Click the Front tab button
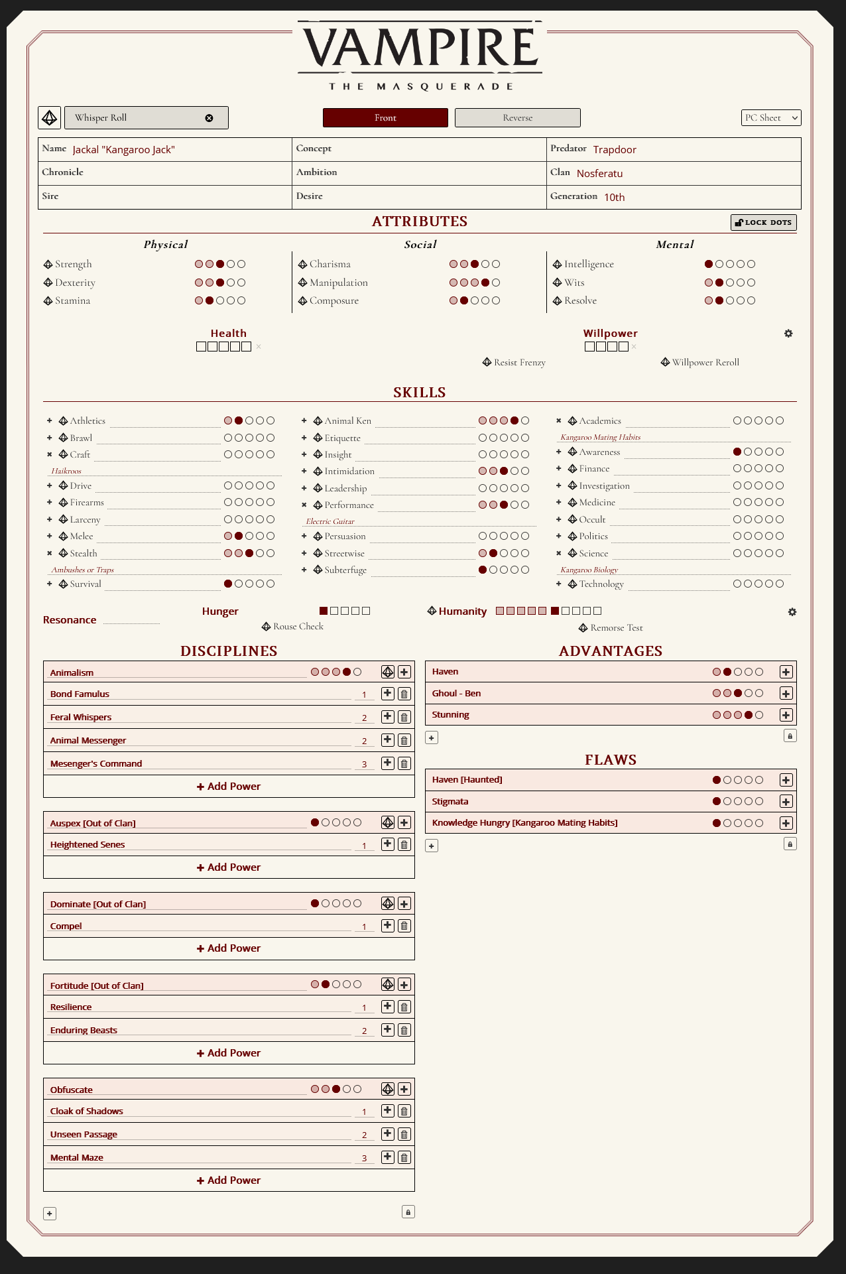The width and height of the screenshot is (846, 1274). coord(385,117)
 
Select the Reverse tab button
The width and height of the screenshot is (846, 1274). coord(517,117)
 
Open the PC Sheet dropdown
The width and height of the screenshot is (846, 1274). coord(770,117)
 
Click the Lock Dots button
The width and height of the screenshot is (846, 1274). coord(763,222)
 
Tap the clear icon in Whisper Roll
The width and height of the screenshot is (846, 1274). coord(209,118)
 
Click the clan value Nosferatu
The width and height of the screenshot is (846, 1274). coord(599,173)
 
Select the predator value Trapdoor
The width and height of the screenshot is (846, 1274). coord(615,149)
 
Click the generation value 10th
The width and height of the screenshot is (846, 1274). coord(614,197)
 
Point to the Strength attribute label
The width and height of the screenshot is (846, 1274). coord(74,264)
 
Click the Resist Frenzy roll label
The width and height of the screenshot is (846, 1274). coord(519,362)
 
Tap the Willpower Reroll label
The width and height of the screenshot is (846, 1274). coord(705,362)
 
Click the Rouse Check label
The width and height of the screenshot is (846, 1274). coord(298,626)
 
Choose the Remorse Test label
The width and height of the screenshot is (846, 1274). coord(616,627)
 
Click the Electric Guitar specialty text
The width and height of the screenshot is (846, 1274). coord(330,521)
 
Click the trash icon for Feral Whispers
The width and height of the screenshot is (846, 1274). coord(404,717)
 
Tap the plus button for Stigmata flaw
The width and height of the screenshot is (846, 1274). coord(786,801)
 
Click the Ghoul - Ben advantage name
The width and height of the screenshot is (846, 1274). coord(456,693)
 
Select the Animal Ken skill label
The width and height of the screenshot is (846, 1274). coord(347,420)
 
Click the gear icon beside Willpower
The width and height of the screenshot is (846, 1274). coord(788,333)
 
